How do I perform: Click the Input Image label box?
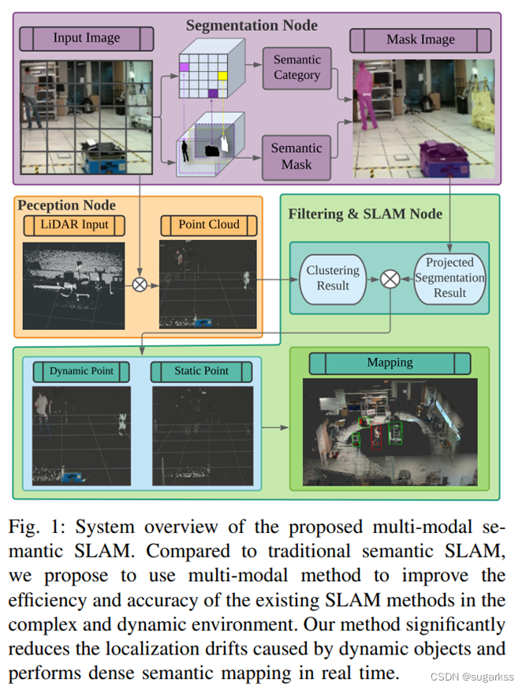(87, 39)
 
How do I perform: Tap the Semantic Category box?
(297, 68)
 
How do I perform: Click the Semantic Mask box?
(297, 156)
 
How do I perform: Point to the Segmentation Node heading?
(252, 25)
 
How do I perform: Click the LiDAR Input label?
(74, 225)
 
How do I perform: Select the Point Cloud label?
(208, 225)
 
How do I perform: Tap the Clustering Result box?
(333, 278)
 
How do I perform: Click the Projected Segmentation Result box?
(450, 278)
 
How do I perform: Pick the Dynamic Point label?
(81, 371)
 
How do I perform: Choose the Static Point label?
(202, 371)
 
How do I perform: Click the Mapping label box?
(390, 363)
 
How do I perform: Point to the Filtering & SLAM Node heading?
(365, 214)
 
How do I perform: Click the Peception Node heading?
(67, 205)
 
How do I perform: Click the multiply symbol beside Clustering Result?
(389, 278)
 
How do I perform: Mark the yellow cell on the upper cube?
(223, 77)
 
